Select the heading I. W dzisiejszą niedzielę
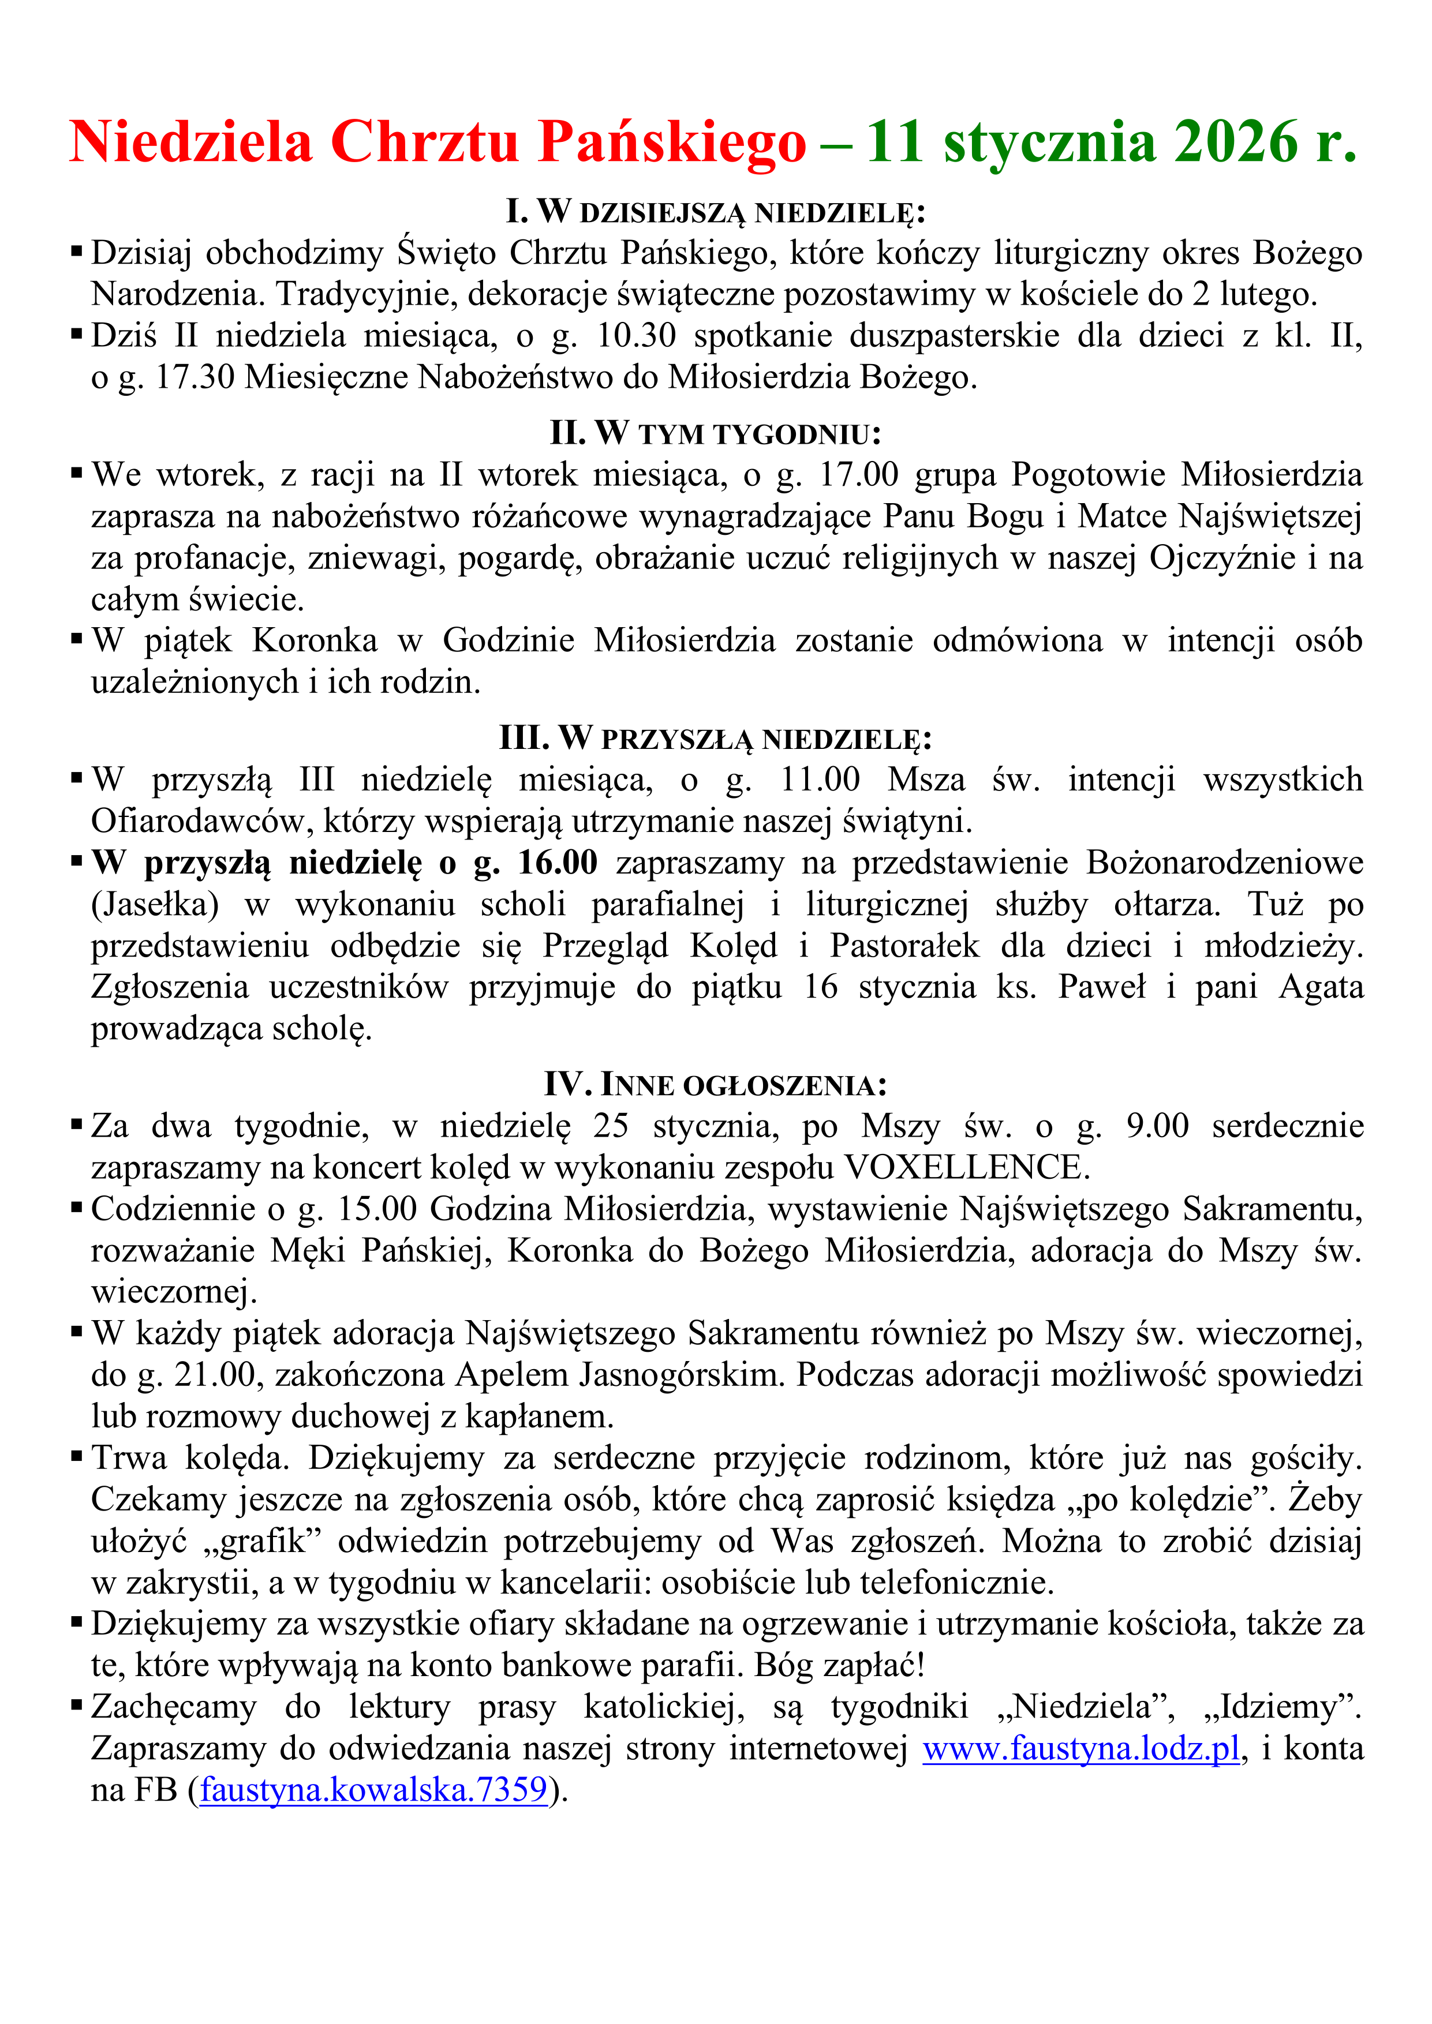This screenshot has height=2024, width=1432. pos(715,212)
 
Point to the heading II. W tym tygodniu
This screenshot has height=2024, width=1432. pos(715,434)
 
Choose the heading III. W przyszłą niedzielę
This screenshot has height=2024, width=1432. pos(715,738)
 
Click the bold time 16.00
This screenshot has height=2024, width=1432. pos(558,863)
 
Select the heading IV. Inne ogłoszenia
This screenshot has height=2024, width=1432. pos(715,1084)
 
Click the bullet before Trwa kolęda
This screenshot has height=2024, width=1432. pos(77,1457)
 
